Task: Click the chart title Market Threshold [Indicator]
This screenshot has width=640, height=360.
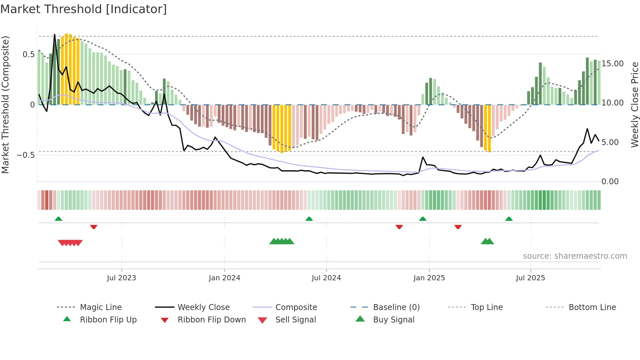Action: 84,9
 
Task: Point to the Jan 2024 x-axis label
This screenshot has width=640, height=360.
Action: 224,278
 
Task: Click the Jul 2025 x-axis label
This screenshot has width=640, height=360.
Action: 530,278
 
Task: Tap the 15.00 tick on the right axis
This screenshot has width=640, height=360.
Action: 612,64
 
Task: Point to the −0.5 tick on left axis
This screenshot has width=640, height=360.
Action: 26,155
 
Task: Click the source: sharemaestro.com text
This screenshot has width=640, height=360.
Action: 575,256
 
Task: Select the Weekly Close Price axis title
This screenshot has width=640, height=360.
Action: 634,105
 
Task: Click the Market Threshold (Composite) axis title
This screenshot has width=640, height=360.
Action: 6,105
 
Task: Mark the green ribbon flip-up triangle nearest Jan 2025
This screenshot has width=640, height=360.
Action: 423,219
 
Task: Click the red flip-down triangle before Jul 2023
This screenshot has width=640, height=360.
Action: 94,227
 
